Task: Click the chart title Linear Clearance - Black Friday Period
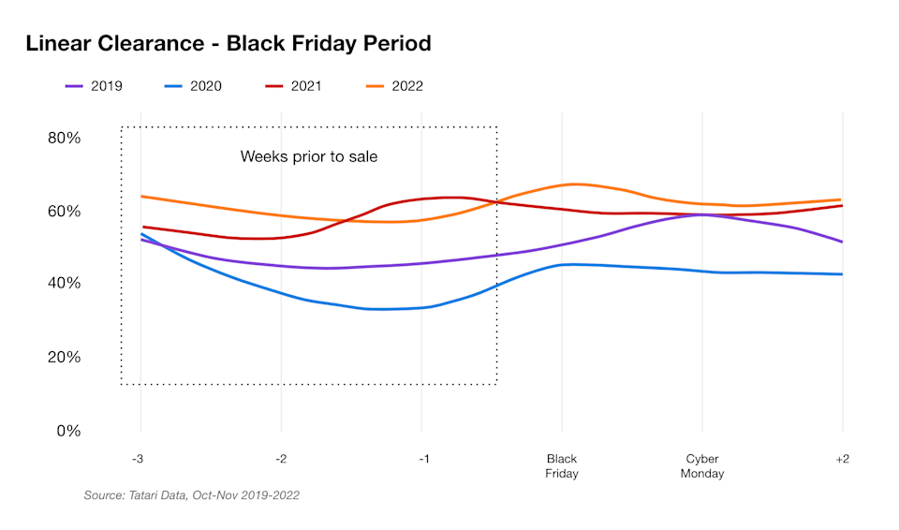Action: tap(228, 43)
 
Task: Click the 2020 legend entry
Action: tap(193, 86)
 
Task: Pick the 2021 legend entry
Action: tap(292, 86)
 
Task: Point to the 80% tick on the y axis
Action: tap(65, 138)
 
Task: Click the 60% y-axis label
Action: tap(65, 211)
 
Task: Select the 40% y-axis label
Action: tap(65, 284)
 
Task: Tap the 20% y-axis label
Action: tap(65, 358)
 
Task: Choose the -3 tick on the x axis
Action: tap(140, 459)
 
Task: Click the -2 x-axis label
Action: tap(280, 459)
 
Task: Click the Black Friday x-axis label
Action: tap(562, 465)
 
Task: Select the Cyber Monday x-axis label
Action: tap(702, 465)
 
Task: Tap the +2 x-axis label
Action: tap(842, 459)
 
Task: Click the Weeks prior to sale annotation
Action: tap(309, 156)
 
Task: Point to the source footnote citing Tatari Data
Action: tap(192, 495)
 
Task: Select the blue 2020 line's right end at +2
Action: tap(842, 274)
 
